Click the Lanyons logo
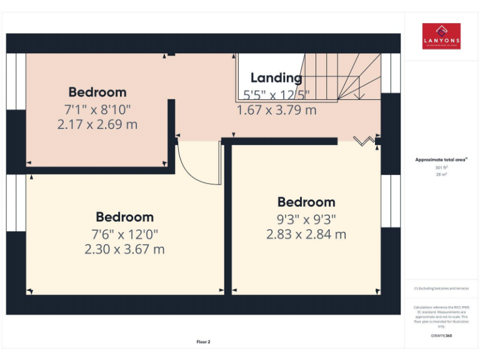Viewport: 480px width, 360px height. [441, 36]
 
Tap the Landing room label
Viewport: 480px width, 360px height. [276, 78]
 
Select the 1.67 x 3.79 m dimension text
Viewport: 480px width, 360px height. [276, 110]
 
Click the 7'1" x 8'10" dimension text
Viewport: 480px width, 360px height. [97, 109]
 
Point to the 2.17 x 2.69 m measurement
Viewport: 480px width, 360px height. [97, 124]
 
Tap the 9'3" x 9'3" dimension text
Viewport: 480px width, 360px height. [306, 219]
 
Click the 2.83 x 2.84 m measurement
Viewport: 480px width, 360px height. [306, 234]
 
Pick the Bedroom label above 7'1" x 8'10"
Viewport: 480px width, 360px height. [97, 92]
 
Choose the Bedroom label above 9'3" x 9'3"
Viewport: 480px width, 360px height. [306, 202]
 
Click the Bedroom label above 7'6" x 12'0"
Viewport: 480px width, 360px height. [124, 217]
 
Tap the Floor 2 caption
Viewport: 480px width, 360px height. [204, 342]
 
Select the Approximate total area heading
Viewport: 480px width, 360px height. [441, 160]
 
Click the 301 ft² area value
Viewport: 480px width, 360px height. [441, 167]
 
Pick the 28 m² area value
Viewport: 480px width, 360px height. [441, 174]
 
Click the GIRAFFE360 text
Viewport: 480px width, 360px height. [441, 336]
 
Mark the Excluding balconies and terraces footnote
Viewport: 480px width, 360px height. [441, 288]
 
